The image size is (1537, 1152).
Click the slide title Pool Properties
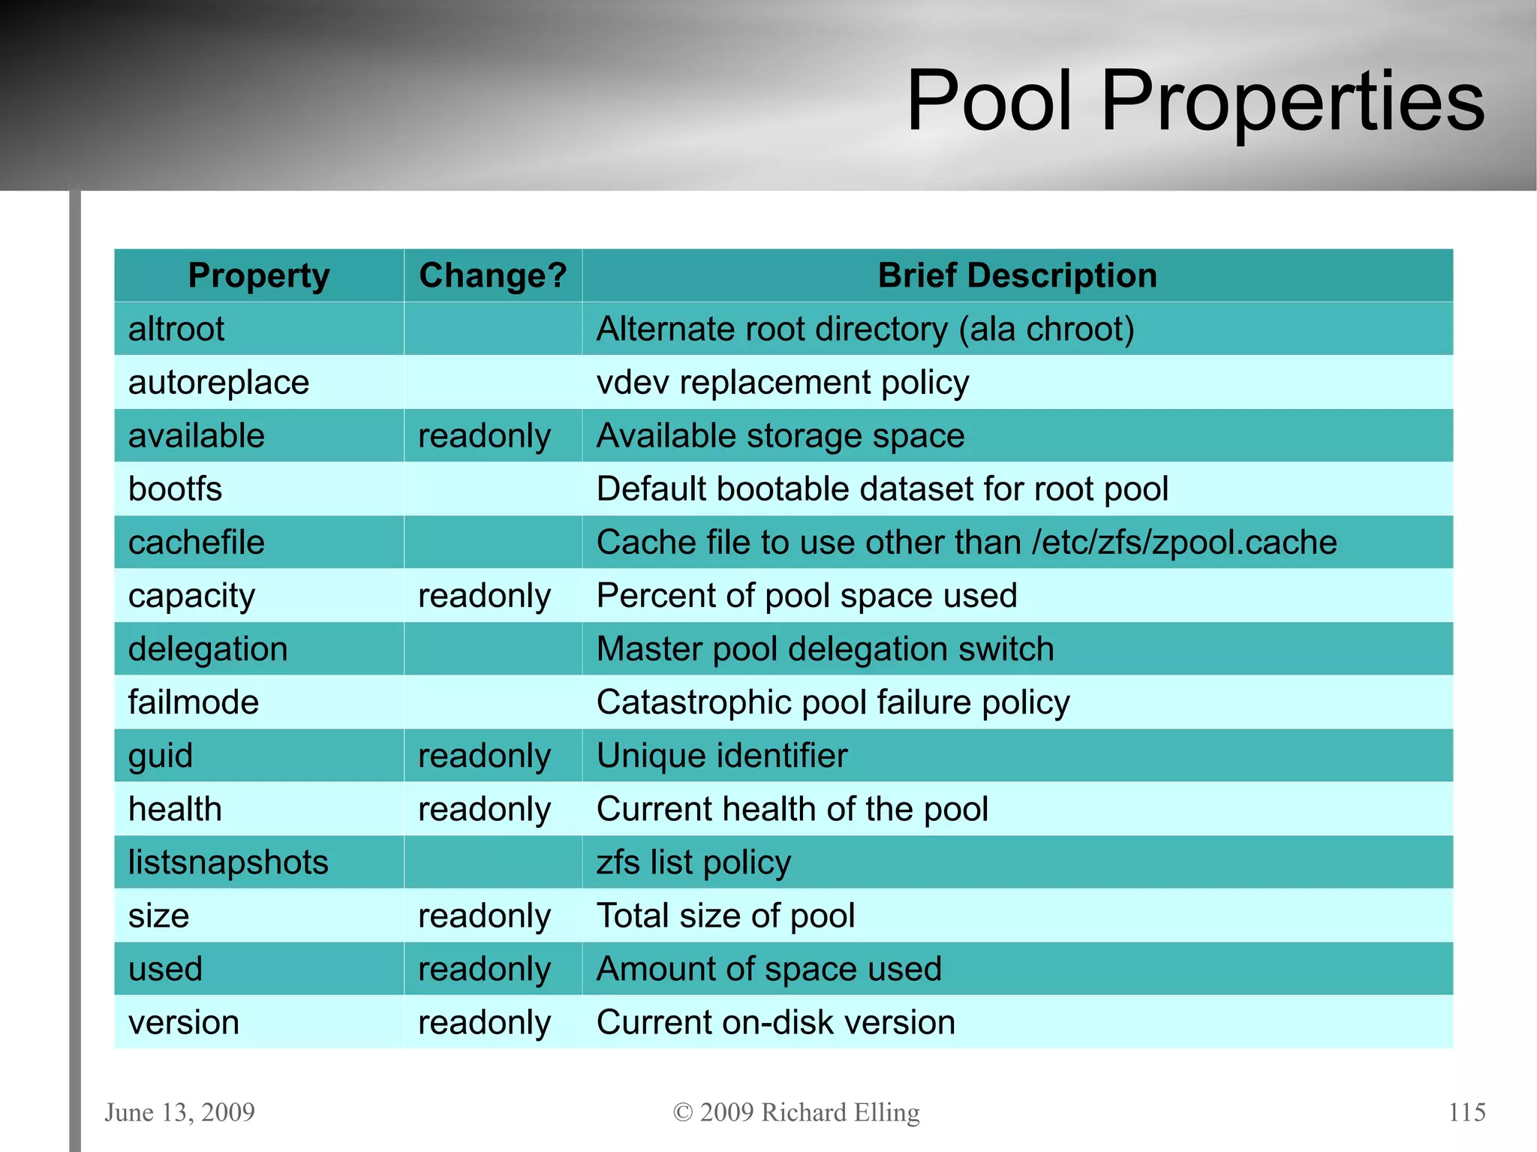(x=1195, y=101)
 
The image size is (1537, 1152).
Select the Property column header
(x=258, y=275)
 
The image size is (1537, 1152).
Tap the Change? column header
(x=492, y=275)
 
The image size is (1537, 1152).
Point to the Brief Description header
(x=1017, y=275)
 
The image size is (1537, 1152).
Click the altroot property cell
(x=176, y=329)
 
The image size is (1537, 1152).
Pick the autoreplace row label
(x=218, y=383)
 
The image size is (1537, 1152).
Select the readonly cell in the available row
(x=484, y=436)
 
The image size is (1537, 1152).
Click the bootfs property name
(x=175, y=489)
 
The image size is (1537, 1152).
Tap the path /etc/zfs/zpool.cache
(x=1184, y=543)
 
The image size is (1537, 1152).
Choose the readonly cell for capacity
(x=484, y=596)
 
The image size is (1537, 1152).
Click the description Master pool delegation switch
(x=825, y=649)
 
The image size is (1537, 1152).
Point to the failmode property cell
(x=194, y=702)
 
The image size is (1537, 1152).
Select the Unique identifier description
(x=722, y=756)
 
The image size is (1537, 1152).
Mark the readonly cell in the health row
(x=484, y=809)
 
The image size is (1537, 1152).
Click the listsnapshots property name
(x=228, y=862)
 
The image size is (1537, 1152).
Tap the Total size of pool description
(x=726, y=916)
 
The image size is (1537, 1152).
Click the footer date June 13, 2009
(x=180, y=1111)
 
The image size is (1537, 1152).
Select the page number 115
(x=1466, y=1111)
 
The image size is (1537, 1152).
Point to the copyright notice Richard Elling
(x=796, y=1111)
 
